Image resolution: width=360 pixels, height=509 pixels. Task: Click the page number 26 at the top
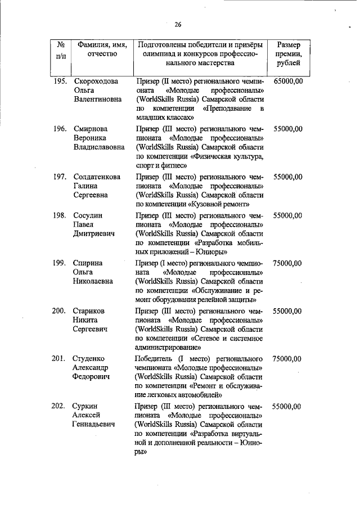click(x=178, y=24)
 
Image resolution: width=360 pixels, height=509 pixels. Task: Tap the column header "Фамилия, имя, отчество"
click(x=102, y=49)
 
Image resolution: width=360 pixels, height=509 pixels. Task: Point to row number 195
click(x=61, y=81)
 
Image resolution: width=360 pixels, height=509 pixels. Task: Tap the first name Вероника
click(x=91, y=138)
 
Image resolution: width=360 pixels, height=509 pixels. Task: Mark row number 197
click(x=61, y=177)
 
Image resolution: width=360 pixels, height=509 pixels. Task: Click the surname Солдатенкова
click(x=97, y=177)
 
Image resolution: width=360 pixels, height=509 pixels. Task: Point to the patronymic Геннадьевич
click(x=94, y=424)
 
